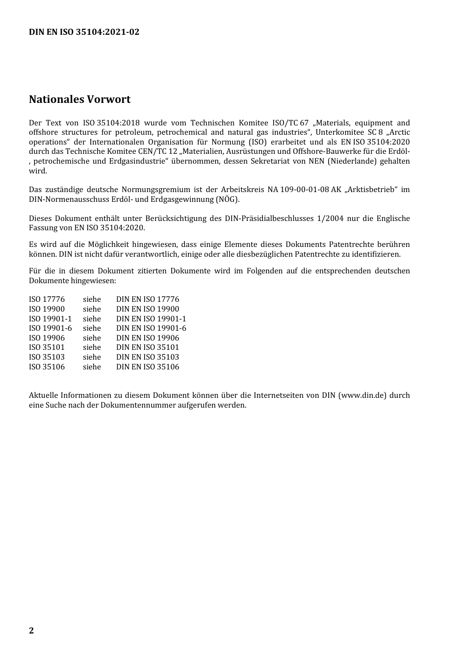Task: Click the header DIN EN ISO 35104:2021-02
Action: click(x=84, y=32)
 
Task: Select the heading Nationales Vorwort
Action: click(x=79, y=99)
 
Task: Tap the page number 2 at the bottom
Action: click(x=31, y=630)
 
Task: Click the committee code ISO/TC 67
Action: click(x=290, y=123)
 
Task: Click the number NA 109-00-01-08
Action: click(x=298, y=190)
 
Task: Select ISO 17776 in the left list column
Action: click(x=47, y=299)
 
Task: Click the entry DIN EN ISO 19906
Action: click(x=147, y=338)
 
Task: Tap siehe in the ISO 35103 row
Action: click(x=92, y=357)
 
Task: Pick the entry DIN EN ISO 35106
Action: click(x=147, y=367)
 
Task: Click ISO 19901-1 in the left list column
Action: click(x=50, y=319)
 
